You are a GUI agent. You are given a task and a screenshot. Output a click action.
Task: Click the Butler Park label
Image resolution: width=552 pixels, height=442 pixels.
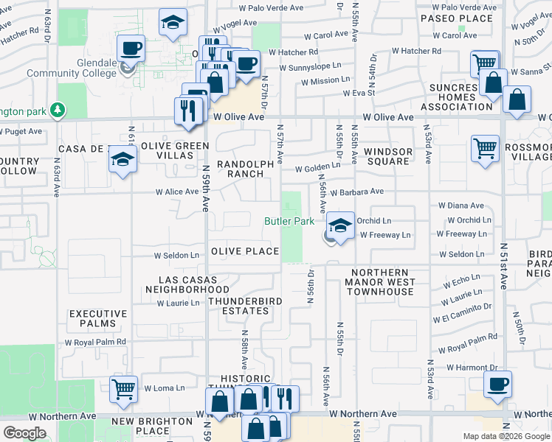(289, 221)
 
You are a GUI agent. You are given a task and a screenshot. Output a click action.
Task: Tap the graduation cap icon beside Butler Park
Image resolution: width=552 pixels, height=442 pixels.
(340, 226)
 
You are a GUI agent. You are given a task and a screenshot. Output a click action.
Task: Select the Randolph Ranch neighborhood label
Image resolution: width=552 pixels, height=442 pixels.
(240, 169)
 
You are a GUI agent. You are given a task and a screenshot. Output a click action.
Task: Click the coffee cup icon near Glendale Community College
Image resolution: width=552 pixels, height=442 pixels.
(131, 49)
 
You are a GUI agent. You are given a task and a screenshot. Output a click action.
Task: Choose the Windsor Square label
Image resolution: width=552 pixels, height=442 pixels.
(392, 156)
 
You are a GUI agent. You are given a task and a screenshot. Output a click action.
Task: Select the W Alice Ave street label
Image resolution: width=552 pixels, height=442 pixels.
(177, 192)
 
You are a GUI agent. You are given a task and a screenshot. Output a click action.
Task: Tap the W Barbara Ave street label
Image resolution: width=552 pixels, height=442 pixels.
(357, 192)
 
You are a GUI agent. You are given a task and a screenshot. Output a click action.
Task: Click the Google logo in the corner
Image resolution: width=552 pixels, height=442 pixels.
(24, 433)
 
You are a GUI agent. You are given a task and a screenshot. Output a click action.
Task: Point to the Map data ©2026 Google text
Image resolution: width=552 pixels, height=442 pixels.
(506, 436)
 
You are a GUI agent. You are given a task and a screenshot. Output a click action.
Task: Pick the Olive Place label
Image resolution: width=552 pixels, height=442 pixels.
(245, 251)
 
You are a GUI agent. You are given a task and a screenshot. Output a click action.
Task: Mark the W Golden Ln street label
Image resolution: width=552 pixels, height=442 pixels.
(317, 168)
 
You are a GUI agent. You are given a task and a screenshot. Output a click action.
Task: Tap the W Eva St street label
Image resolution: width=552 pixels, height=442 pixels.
(359, 93)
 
